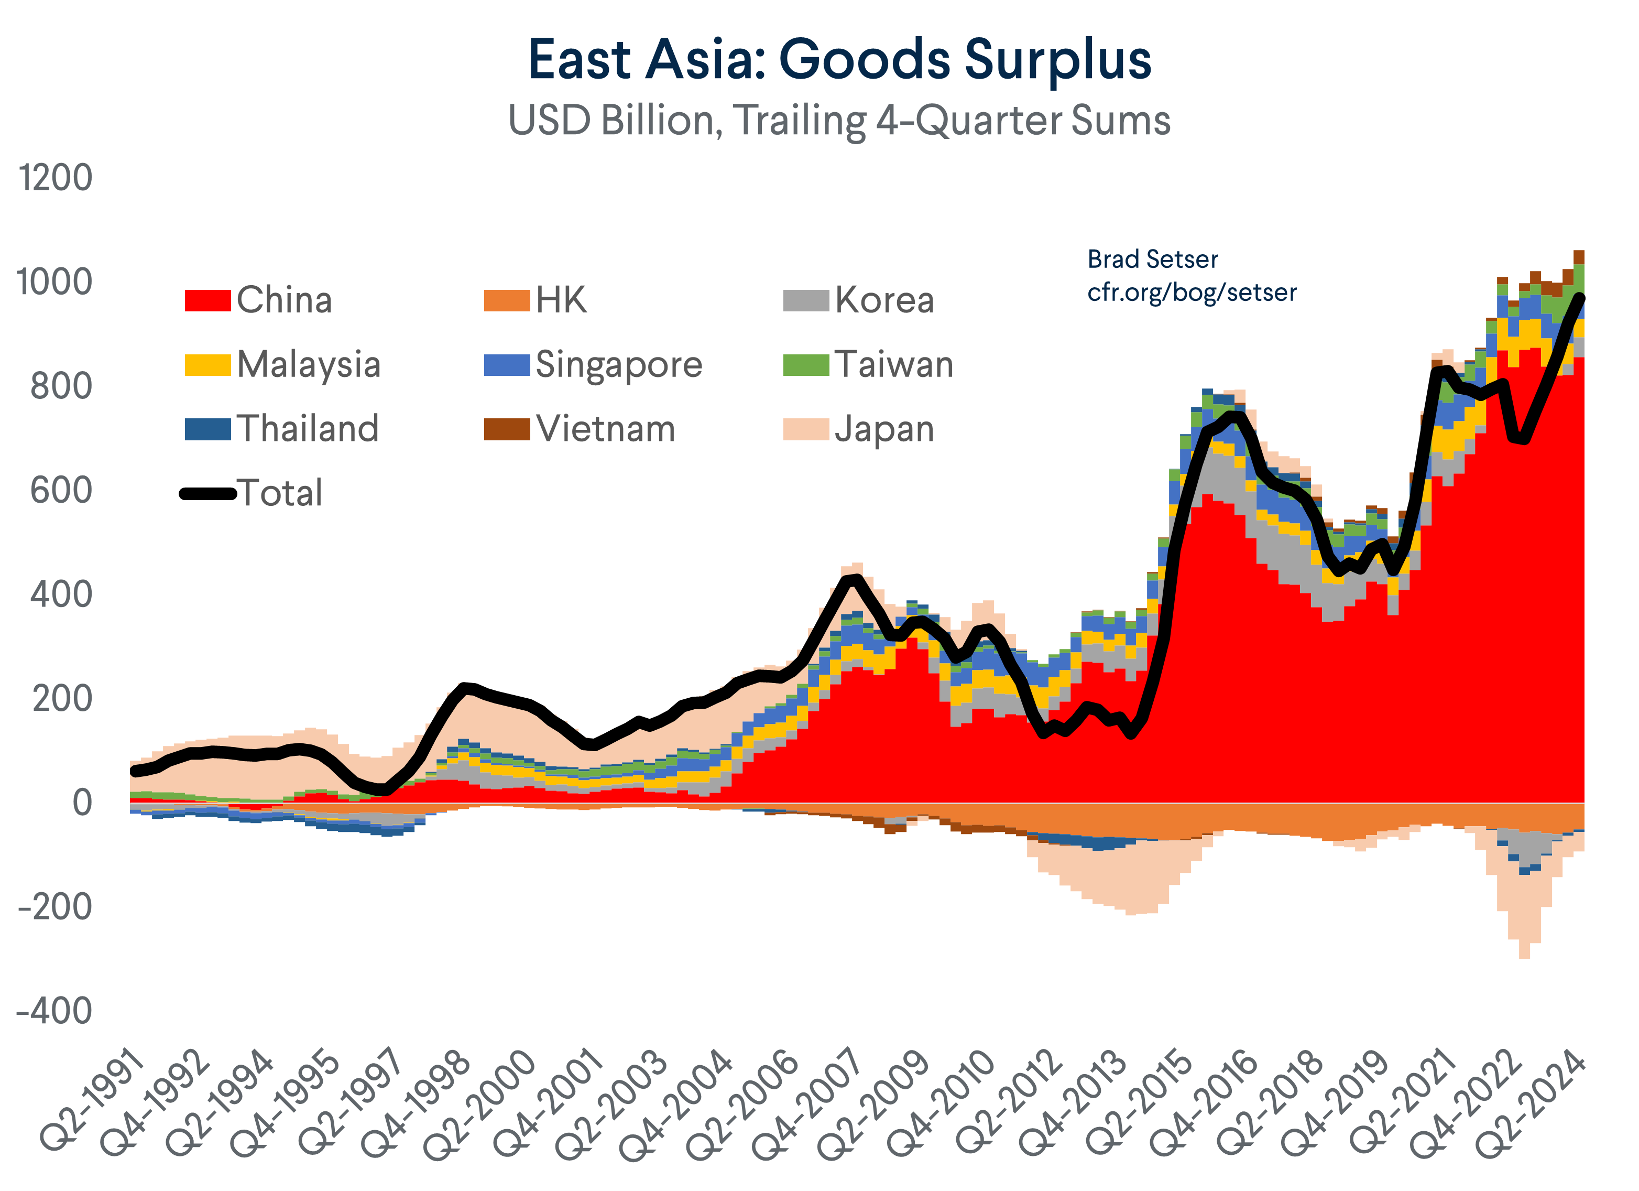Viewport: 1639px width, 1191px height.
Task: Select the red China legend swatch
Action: click(207, 300)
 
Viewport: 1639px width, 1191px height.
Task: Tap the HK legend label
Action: click(561, 300)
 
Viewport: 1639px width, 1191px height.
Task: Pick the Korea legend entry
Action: click(884, 300)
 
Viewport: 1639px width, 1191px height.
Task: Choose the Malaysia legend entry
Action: click(308, 364)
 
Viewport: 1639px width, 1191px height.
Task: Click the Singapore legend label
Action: click(619, 364)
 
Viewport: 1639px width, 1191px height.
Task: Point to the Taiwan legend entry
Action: click(893, 364)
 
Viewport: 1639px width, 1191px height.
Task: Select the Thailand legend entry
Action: click(307, 429)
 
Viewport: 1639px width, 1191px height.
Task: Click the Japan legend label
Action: click(884, 429)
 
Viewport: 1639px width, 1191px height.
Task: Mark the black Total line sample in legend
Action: click(208, 494)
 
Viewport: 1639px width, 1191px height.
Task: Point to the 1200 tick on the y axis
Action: click(56, 178)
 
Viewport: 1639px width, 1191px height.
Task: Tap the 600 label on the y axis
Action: click(61, 491)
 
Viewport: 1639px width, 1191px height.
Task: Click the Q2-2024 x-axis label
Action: click(1531, 1103)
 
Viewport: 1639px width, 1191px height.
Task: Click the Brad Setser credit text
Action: click(1153, 259)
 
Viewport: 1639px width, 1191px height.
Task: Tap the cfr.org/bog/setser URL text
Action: click(1192, 292)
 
